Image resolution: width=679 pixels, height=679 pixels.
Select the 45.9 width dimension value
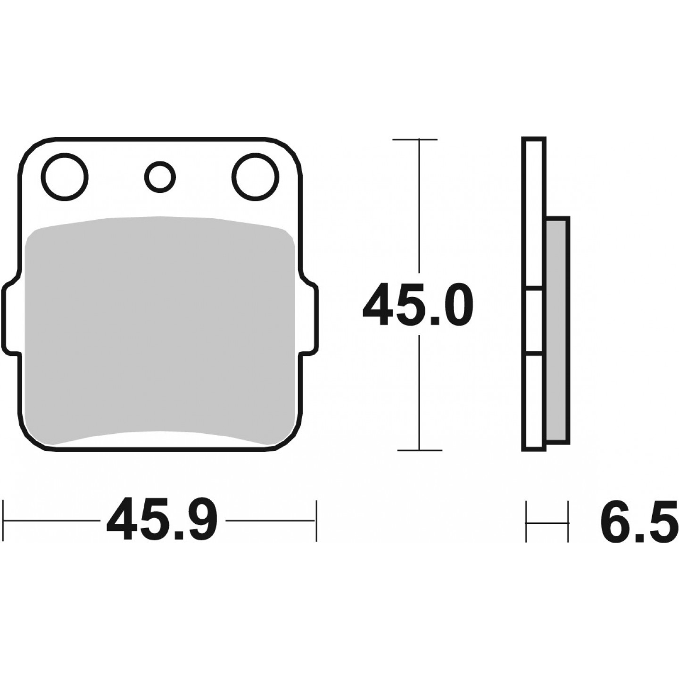pos(162,520)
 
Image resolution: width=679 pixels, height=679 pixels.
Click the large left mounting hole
pos(65,177)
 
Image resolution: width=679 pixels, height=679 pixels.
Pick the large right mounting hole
pos(256,177)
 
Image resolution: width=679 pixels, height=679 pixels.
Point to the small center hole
pos(160,177)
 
